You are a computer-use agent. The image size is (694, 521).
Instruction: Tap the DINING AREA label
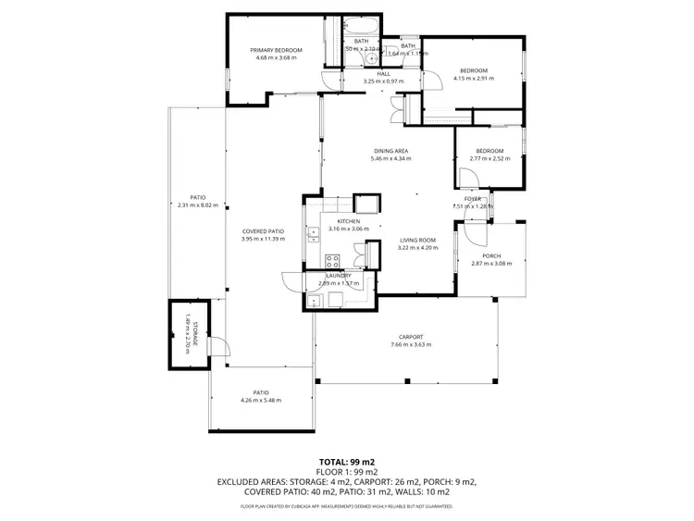tap(390, 151)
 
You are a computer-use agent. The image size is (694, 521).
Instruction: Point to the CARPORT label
tap(411, 337)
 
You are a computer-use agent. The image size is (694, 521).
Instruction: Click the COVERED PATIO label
tap(263, 231)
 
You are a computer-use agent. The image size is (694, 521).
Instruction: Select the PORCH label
tap(490, 257)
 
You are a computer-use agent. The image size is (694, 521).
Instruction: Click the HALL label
tap(383, 74)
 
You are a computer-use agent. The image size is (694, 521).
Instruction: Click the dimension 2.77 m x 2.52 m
tap(489, 158)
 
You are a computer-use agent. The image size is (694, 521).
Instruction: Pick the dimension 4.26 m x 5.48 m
tap(260, 400)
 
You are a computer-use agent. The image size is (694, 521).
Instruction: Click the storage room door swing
tap(219, 345)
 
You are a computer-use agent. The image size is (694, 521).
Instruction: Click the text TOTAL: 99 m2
tap(346, 462)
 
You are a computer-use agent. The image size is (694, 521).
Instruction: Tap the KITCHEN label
tap(348, 221)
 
